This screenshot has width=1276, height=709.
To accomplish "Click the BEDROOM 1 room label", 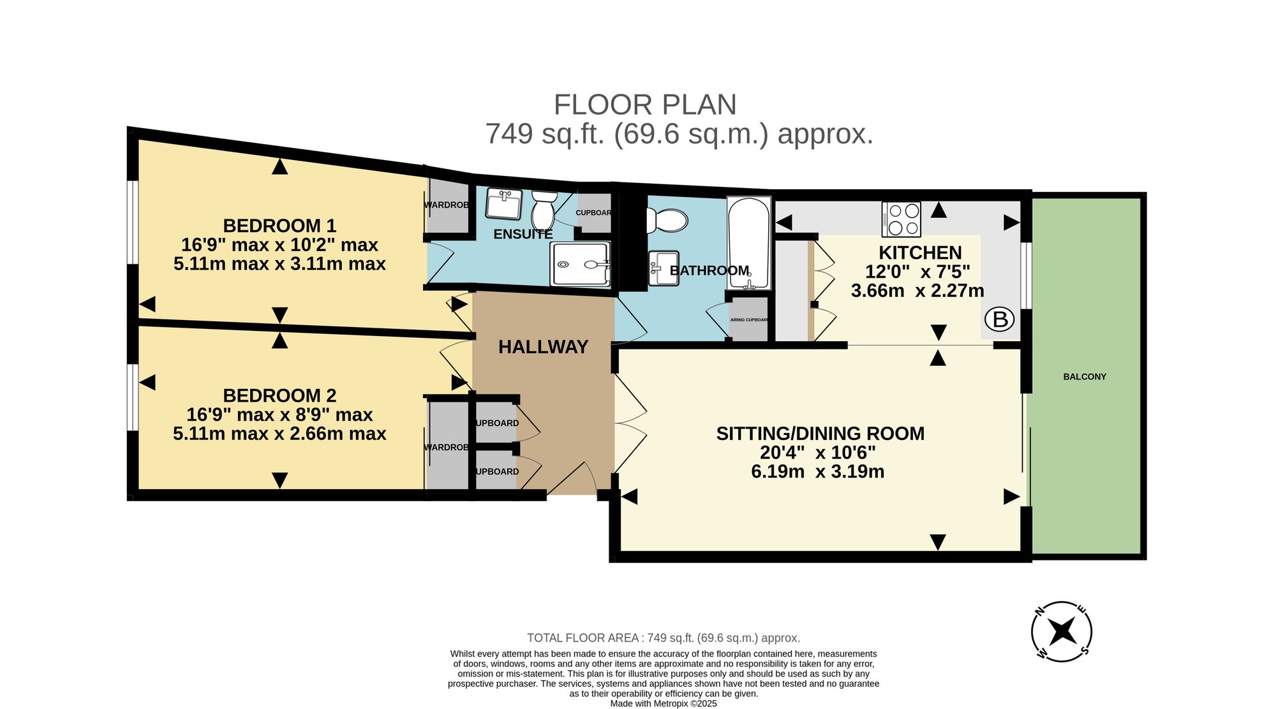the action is pos(279,226).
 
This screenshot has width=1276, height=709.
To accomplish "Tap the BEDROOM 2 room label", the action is pos(279,395).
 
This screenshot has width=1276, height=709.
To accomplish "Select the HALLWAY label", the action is pos(543,347).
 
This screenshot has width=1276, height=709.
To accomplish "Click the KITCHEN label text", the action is pos(920,252).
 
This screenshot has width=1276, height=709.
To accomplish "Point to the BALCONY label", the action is pos(1085,377).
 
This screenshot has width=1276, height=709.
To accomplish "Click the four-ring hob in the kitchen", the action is pos(901,219).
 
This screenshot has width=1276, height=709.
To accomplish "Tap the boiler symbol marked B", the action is pos(1000,319).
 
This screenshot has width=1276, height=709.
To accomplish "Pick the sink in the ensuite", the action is pos(504,204).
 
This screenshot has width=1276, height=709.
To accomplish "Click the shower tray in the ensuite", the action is pos(580,264).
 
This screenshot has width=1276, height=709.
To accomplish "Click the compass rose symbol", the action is pos(1062,632).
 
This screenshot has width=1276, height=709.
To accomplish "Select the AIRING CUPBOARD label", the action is pos(749,320).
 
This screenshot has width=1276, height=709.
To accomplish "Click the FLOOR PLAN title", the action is pos(645,105).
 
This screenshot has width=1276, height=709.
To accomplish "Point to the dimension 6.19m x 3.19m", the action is pos(818,472).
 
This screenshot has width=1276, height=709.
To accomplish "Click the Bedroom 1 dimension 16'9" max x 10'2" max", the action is pos(279,245).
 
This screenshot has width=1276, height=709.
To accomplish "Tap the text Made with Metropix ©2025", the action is pos(664,704).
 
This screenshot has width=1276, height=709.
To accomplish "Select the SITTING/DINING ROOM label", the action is pos(820,434).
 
